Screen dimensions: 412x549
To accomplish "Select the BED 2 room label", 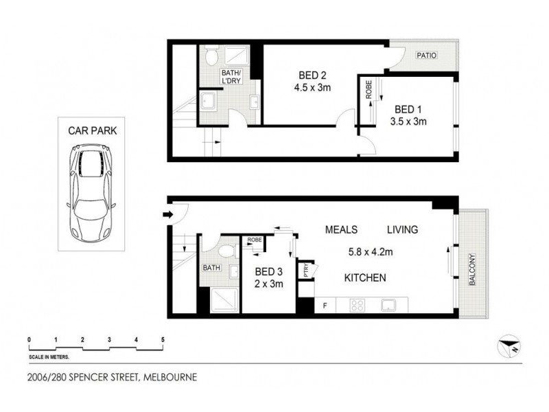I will pyautogui.click(x=313, y=76).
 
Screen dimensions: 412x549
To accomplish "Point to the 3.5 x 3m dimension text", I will pyautogui.click(x=410, y=122).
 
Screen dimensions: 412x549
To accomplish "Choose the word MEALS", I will pyautogui.click(x=342, y=229).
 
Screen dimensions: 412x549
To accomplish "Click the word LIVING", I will pyautogui.click(x=402, y=229).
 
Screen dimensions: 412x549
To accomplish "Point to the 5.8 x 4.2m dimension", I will pyautogui.click(x=371, y=251).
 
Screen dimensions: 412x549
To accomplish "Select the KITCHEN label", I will pyautogui.click(x=365, y=278).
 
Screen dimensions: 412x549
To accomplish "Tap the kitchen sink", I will pyautogui.click(x=388, y=304).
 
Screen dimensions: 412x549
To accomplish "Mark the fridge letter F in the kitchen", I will pyautogui.click(x=325, y=304).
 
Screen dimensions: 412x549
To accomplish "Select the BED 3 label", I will pyautogui.click(x=269, y=272).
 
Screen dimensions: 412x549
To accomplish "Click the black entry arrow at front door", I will pyautogui.click(x=167, y=215).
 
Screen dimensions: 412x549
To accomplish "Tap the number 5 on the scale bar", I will pyautogui.click(x=163, y=340).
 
